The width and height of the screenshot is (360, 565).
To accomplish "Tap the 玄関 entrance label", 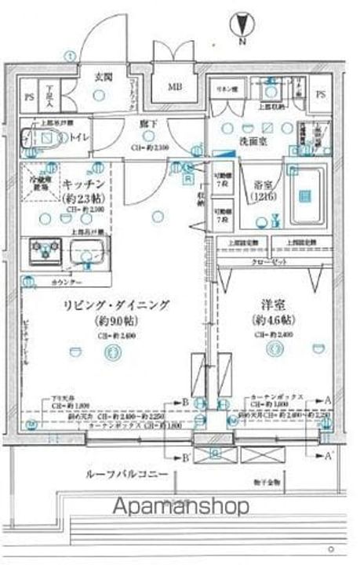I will coord(104,78).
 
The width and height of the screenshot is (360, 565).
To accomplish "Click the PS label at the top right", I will coord(321,93).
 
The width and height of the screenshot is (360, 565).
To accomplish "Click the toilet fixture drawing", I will coord(42,138).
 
